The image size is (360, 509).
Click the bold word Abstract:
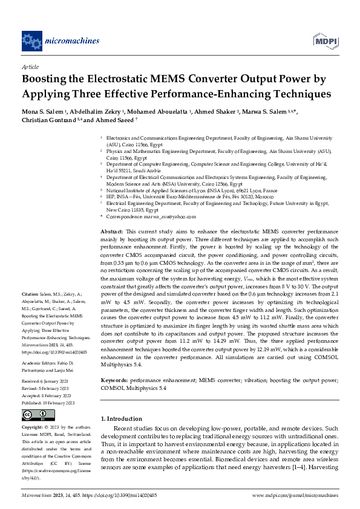click(112, 232)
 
